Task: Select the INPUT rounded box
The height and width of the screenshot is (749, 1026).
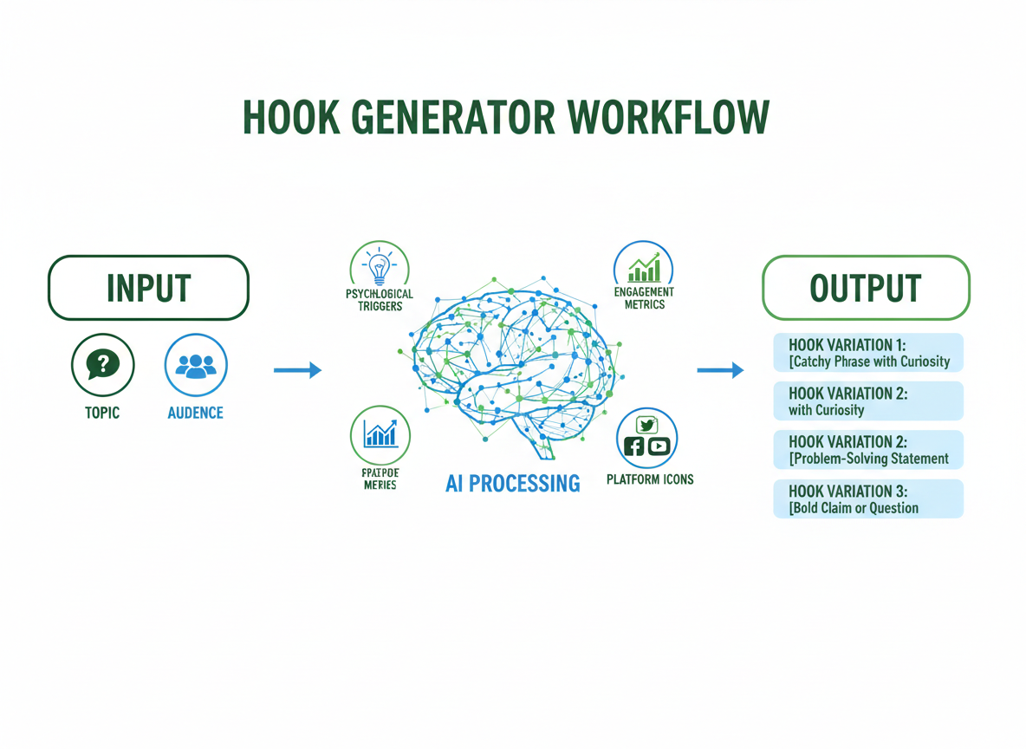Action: click(148, 288)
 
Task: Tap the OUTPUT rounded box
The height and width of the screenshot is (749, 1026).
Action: click(865, 288)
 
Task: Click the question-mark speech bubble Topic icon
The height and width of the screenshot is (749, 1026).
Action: click(102, 365)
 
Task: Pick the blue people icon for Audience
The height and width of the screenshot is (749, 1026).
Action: click(196, 365)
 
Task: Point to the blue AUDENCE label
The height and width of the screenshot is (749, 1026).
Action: click(195, 413)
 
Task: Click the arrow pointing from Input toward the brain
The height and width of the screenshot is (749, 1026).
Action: click(297, 371)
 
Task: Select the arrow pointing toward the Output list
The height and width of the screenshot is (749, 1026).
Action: click(720, 371)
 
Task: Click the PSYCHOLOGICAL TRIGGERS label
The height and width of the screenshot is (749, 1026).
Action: click(380, 300)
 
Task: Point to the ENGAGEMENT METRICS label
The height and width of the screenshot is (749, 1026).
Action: click(644, 298)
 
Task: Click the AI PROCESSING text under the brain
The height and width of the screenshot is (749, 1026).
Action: click(512, 483)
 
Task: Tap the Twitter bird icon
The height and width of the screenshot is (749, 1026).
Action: click(646, 425)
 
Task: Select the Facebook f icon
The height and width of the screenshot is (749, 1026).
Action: click(634, 446)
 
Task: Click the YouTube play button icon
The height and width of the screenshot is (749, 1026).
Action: click(659, 446)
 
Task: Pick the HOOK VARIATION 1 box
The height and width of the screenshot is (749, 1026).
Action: click(867, 353)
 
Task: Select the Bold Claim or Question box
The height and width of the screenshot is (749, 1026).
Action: click(867, 499)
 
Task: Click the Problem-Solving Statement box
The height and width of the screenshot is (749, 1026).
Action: click(867, 450)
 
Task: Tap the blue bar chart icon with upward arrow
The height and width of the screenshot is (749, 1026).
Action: click(380, 433)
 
